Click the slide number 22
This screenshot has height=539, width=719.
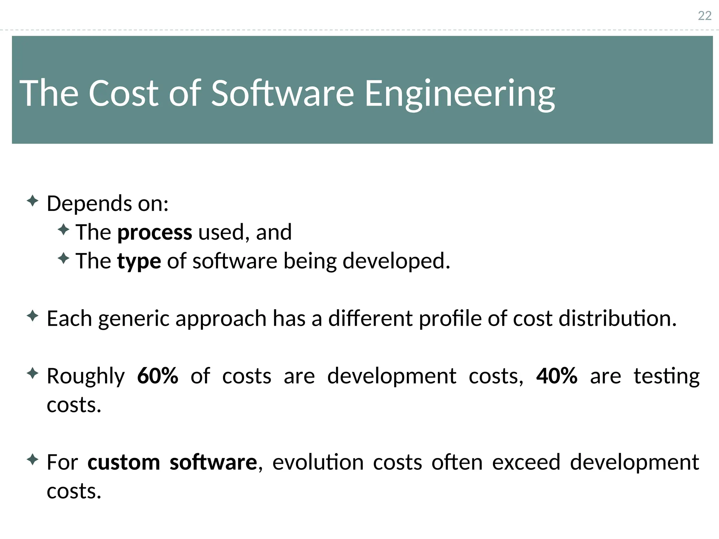click(x=704, y=16)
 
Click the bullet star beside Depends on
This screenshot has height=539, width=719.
click(x=32, y=201)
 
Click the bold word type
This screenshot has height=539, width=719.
click(x=139, y=262)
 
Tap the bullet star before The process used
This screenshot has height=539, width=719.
click(x=63, y=230)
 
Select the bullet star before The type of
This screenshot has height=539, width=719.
click(x=63, y=259)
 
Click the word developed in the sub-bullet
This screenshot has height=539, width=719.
click(x=396, y=262)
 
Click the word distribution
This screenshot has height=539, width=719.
click(x=617, y=318)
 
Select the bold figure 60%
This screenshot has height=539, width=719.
click(x=158, y=376)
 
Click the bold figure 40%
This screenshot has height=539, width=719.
click(x=557, y=376)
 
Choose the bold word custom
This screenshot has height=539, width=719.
click(x=124, y=462)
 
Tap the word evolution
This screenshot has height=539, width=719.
click(x=318, y=462)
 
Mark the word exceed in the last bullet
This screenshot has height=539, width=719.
click(x=526, y=462)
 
